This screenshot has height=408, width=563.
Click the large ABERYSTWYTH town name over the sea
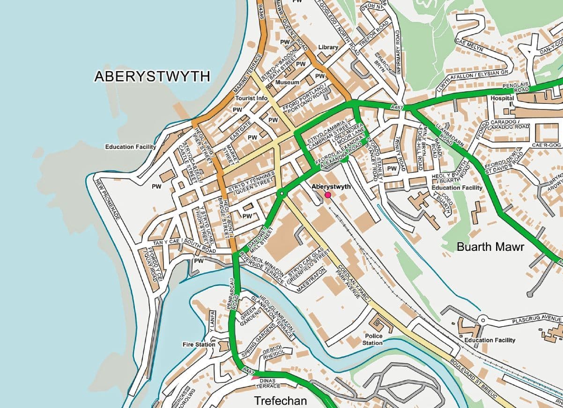coord(152,77)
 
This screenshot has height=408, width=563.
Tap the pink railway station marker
coord(328,195)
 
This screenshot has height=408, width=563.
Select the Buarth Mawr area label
coord(490,247)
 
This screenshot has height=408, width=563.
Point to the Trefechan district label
coord(280,401)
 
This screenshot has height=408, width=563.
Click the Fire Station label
coord(199,344)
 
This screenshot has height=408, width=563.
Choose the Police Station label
coord(373,339)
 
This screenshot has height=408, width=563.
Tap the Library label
coord(328,47)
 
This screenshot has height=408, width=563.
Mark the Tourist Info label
coord(252,98)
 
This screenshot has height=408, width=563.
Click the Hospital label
coord(502,99)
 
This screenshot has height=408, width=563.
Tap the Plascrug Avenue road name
coord(536,319)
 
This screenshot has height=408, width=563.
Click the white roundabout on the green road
coord(281,192)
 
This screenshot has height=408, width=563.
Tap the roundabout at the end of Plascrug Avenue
coord(483,320)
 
